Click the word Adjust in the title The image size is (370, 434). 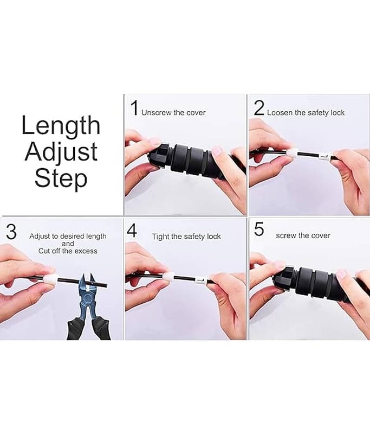[61, 153]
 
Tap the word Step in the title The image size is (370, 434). [61, 178]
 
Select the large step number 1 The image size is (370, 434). [134, 108]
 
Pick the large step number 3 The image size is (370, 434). [11, 232]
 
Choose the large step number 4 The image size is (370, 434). [132, 231]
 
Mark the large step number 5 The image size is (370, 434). [259, 229]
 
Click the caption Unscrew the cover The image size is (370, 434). [173, 113]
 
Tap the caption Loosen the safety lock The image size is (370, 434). [306, 113]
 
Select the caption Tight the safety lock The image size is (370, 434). [186, 237]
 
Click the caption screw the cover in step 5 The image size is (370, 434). [303, 235]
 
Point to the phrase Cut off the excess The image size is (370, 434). [68, 251]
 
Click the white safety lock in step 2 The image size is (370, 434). [293, 152]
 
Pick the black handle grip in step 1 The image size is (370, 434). [193, 161]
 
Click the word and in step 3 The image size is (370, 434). [68, 244]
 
